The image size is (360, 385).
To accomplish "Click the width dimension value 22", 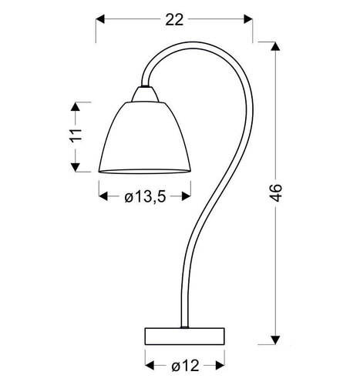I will [x=175, y=21].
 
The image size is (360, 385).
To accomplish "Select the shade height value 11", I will [x=75, y=138].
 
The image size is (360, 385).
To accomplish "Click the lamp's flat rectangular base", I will [x=184, y=336].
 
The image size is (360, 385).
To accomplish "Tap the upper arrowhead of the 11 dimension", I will [x=74, y=105].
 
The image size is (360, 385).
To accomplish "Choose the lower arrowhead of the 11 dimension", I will [x=74, y=169].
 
